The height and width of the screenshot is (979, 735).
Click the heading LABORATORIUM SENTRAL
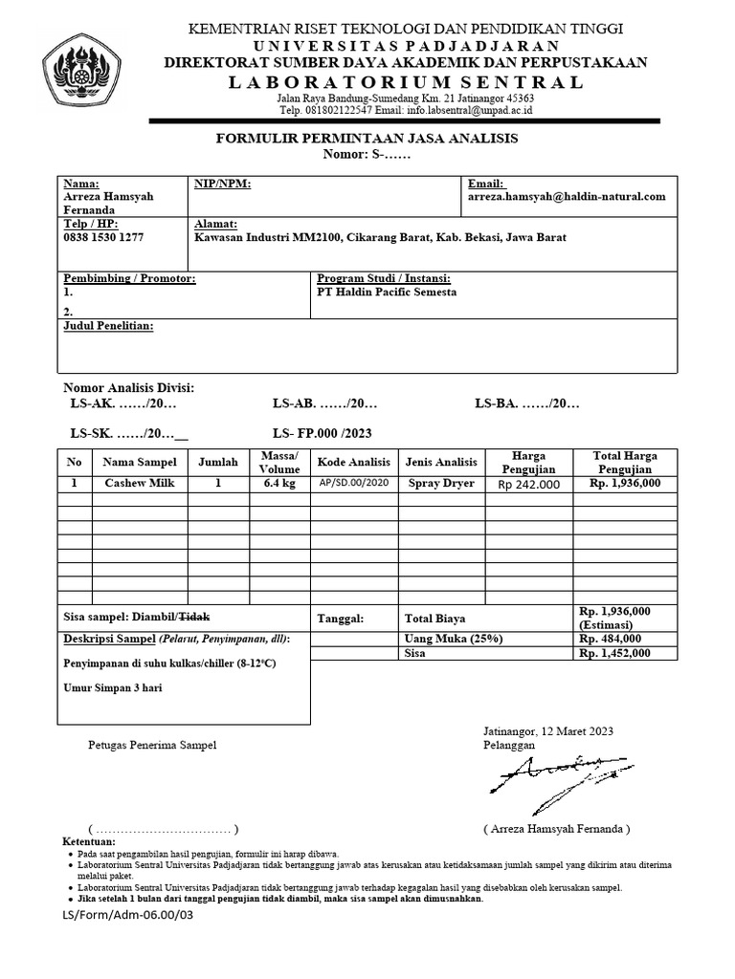(406, 82)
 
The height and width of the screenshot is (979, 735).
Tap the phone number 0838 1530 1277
(103, 237)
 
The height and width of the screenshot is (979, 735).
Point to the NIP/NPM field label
(222, 184)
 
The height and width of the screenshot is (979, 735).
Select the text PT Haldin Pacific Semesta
(387, 292)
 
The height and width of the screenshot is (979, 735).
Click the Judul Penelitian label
(108, 327)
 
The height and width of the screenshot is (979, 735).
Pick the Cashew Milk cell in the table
(141, 484)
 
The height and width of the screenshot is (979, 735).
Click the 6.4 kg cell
(279, 484)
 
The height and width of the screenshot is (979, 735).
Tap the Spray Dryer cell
(441, 484)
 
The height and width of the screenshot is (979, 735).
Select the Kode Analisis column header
(354, 462)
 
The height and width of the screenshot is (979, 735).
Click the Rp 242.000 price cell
(529, 485)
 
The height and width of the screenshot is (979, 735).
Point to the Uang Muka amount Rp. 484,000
(615, 639)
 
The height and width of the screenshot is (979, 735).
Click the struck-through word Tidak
(195, 619)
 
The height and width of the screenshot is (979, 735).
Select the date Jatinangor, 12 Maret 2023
(548, 731)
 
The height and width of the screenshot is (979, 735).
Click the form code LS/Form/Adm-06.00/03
(128, 914)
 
